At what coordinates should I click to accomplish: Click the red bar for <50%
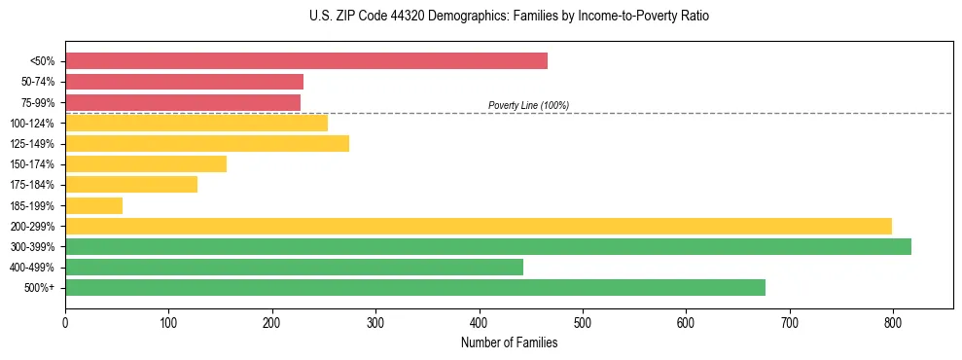(x=306, y=61)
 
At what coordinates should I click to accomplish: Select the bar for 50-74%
(x=184, y=82)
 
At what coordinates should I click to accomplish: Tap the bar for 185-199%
(x=93, y=205)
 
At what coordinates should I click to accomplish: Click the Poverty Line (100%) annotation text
(x=528, y=105)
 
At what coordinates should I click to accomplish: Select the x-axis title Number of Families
(x=509, y=342)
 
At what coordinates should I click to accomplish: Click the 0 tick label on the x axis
(x=65, y=322)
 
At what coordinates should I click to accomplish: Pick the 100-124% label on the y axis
(x=32, y=124)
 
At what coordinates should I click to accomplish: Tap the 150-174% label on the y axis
(x=32, y=164)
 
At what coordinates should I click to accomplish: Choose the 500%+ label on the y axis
(x=39, y=288)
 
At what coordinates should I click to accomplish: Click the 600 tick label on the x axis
(x=686, y=322)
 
